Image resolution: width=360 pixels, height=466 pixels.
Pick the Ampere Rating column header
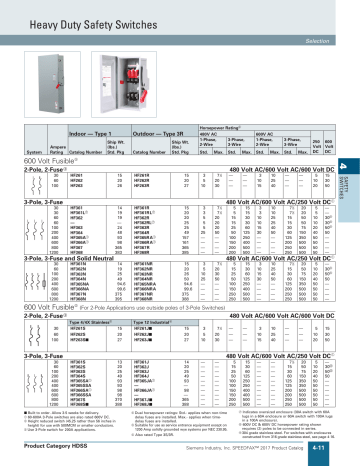pyautogui.click(x=43, y=148)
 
